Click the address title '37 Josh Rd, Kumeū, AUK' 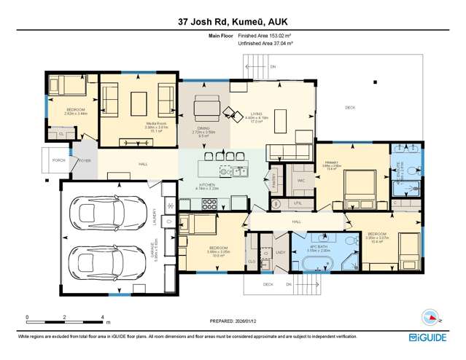click(233, 21)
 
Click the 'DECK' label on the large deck click(349, 108)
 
